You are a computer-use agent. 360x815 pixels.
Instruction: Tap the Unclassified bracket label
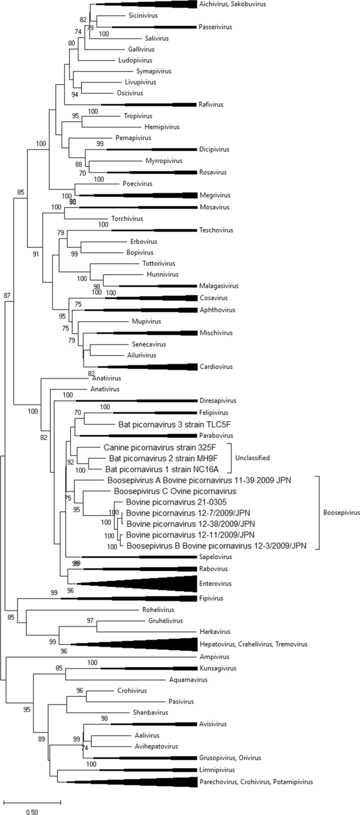[253, 458]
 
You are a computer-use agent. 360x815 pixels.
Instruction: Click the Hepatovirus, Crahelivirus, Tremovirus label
[253, 644]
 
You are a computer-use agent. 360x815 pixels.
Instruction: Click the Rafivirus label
[211, 104]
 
